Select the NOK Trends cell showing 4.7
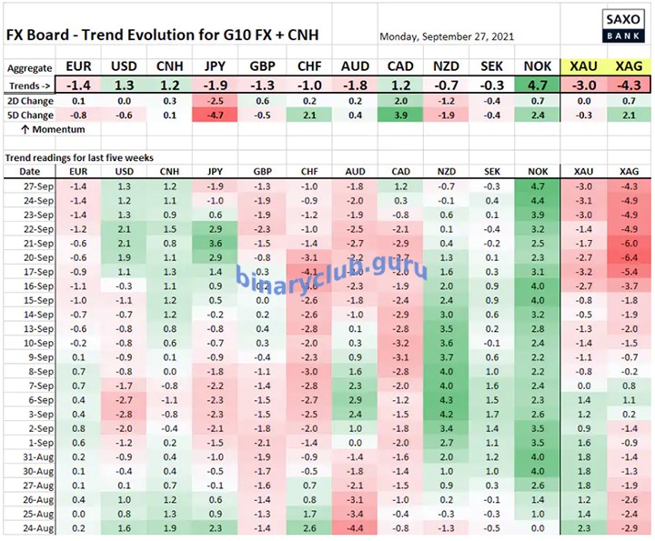[538, 84]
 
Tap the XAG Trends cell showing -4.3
[629, 84]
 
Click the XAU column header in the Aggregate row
[583, 67]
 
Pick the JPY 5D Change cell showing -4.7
[215, 115]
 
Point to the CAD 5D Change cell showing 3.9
[399, 115]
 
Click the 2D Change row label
[28, 101]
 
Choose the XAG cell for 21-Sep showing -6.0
[629, 244]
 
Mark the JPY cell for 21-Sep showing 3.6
[215, 244]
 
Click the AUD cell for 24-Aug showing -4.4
[354, 527]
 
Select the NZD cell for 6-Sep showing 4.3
[445, 399]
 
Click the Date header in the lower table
[29, 171]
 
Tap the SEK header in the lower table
[491, 171]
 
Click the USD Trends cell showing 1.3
[124, 84]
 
